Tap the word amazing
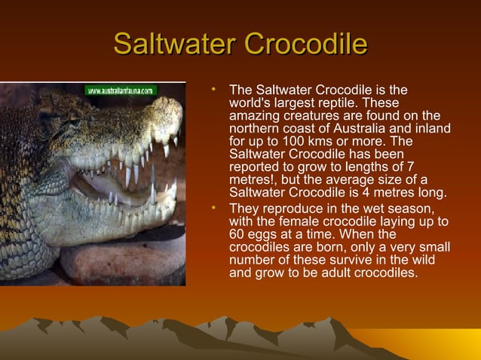[x=253, y=117]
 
